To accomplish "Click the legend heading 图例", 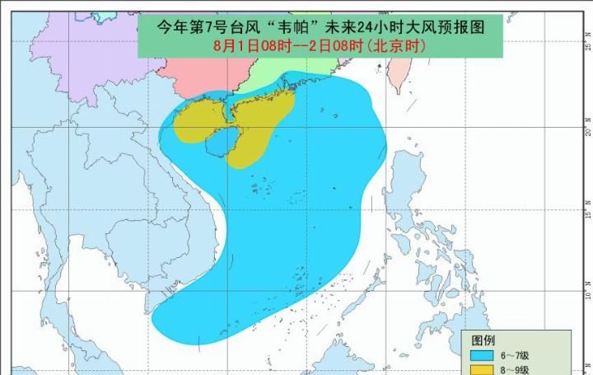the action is tap(483, 340).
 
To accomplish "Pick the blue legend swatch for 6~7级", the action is tap(481, 355).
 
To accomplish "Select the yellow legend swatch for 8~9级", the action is tap(481, 370).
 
